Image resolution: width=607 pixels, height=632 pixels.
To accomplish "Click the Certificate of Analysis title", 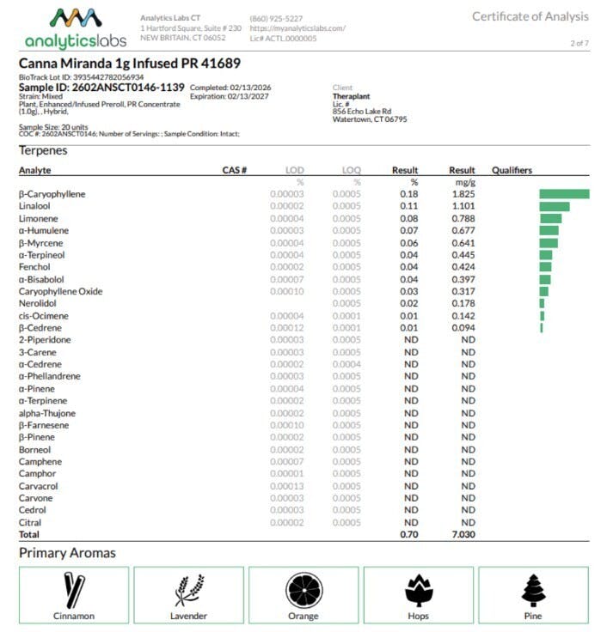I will pyautogui.click(x=530, y=16).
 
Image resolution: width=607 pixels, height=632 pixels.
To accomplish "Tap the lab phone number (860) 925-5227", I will pyautogui.click(x=276, y=18).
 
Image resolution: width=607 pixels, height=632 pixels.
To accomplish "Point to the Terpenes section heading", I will pyautogui.click(x=43, y=150).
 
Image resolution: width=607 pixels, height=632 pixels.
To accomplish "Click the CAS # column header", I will pyautogui.click(x=234, y=170).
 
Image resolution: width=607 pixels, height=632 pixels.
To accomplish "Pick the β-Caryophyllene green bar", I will pyautogui.click(x=564, y=194).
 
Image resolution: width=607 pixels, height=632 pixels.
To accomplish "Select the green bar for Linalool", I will pyautogui.click(x=555, y=206).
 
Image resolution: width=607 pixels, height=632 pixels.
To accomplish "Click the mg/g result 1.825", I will pyautogui.click(x=463, y=194).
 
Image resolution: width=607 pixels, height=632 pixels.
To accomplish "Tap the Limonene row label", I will pyautogui.click(x=38, y=218).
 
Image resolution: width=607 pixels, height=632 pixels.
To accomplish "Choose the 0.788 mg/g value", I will pyautogui.click(x=463, y=218).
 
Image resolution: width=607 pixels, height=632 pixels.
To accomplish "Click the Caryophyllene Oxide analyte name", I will pyautogui.click(x=60, y=291).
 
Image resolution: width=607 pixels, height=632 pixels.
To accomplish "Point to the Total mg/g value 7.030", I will pyautogui.click(x=462, y=534).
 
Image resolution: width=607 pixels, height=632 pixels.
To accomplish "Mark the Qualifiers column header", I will pyautogui.click(x=512, y=170).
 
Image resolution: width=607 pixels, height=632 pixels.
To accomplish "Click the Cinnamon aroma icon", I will pyautogui.click(x=74, y=589).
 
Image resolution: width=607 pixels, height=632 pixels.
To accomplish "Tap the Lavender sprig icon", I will pyautogui.click(x=188, y=589).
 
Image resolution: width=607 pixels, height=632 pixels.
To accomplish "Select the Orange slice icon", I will pyautogui.click(x=303, y=589).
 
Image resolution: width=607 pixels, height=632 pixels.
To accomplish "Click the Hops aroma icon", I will pyautogui.click(x=419, y=589).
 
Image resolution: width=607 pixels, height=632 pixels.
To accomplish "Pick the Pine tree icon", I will pyautogui.click(x=534, y=589).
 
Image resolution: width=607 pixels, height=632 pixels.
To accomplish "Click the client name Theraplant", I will pyautogui.click(x=353, y=96).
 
